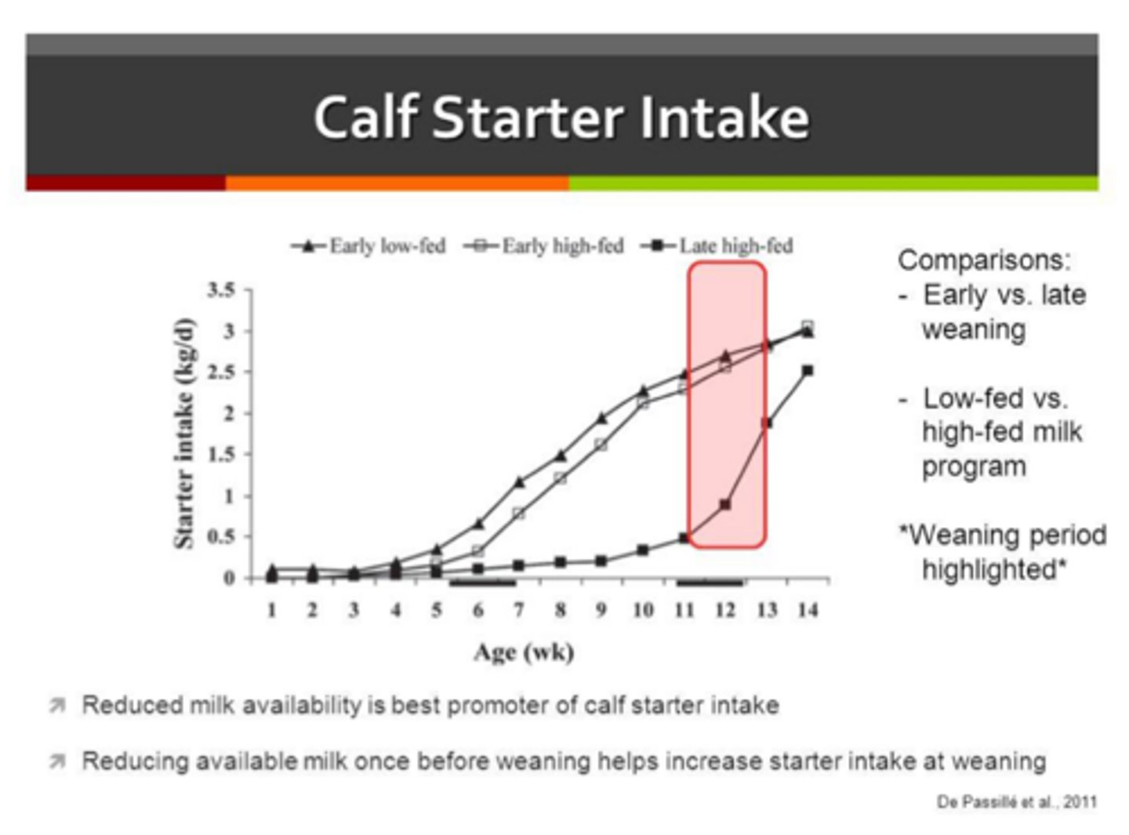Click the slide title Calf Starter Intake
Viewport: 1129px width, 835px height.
(x=561, y=118)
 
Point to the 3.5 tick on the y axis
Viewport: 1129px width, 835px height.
(x=221, y=290)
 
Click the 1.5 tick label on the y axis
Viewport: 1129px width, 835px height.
(x=221, y=455)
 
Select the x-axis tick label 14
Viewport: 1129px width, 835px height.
(x=808, y=610)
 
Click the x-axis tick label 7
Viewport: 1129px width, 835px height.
(x=519, y=610)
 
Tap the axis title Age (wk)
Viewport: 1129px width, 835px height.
(x=524, y=652)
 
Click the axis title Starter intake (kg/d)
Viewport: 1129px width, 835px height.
(x=183, y=434)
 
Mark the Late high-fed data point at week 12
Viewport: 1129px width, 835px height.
(x=725, y=505)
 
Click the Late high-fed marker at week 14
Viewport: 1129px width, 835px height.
(x=808, y=370)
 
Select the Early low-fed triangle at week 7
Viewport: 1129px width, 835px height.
(x=519, y=482)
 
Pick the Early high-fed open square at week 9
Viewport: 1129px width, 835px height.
(x=601, y=445)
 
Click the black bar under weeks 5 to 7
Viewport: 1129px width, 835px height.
(x=482, y=583)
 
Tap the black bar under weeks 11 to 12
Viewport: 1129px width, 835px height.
(x=710, y=583)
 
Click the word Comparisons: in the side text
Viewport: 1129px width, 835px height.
(x=984, y=260)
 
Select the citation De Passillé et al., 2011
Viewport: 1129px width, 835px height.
(x=1016, y=802)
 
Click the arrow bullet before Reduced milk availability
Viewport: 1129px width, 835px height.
(x=57, y=706)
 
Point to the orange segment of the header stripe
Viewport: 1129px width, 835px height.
(x=397, y=183)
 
